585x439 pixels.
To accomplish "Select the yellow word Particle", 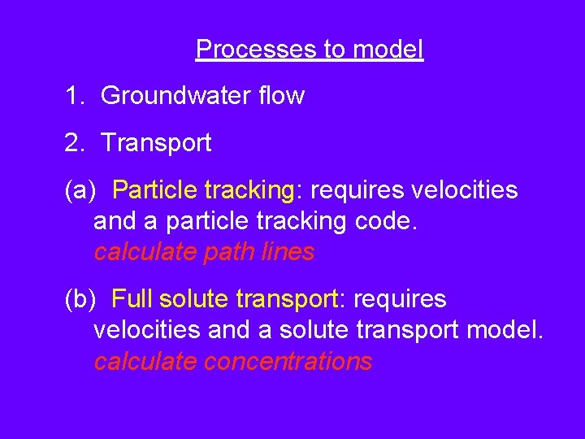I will point(154,190).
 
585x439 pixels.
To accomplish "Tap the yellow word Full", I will point(132,300).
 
